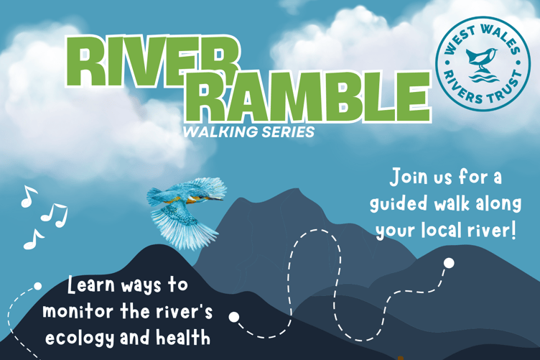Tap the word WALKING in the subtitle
point(216,132)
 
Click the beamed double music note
point(54,214)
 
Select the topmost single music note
point(28,196)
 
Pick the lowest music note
point(33,239)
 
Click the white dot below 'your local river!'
point(449,263)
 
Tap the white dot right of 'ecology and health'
point(234,317)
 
